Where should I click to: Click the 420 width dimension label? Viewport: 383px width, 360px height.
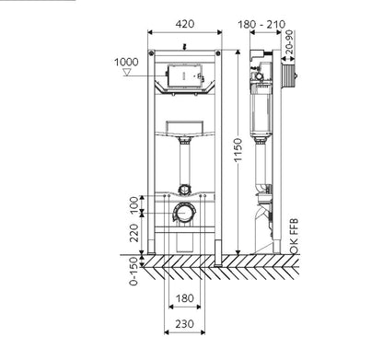tap(185, 24)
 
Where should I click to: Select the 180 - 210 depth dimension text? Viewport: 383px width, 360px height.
tap(261, 24)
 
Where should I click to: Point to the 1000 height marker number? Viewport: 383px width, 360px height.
tap(126, 62)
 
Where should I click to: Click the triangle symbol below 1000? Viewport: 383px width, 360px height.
tap(127, 73)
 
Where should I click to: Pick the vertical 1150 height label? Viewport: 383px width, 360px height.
tap(238, 150)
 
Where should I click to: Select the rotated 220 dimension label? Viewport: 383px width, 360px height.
tap(134, 233)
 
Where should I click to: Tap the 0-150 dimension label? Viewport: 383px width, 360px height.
tap(133, 271)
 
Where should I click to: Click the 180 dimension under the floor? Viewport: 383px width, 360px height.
tap(185, 298)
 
